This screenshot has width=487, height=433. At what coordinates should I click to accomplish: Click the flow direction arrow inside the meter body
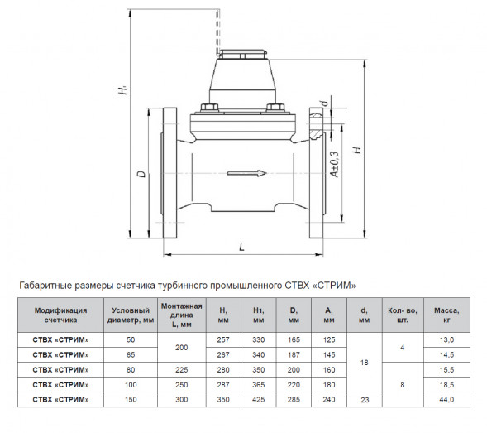click(x=247, y=173)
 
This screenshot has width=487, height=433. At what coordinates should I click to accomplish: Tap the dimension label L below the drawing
click(x=242, y=247)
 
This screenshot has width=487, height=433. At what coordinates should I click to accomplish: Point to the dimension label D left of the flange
click(x=141, y=174)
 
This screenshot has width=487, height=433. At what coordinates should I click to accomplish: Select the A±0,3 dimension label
click(x=335, y=164)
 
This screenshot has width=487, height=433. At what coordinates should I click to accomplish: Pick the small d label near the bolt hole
click(x=324, y=103)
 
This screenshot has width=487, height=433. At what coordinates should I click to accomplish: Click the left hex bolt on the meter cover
click(x=210, y=108)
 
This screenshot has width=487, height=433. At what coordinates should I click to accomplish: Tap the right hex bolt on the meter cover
click(x=275, y=108)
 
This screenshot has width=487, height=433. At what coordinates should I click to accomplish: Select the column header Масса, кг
click(x=446, y=315)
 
